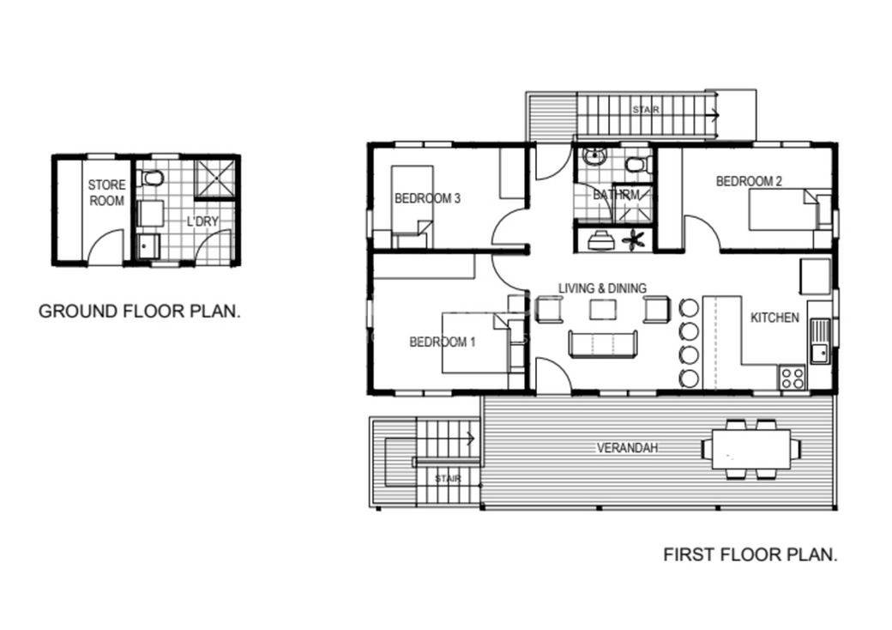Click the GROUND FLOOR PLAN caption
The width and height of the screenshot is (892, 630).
139,311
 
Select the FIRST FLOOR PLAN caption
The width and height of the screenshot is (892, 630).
750,554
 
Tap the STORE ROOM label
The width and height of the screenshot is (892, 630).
106,192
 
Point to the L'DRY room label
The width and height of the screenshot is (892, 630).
202,221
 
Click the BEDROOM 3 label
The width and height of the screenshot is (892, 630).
427,198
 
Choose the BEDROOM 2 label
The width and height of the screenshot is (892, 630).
749,181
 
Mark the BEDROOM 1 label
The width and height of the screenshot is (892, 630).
442,342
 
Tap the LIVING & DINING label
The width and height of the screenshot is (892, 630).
602,288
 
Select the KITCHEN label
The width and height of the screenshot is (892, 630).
774,318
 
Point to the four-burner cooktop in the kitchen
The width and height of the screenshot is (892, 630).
791,377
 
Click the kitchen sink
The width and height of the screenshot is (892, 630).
820,341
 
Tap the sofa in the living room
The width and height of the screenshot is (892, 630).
602,343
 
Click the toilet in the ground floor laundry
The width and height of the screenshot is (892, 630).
153,178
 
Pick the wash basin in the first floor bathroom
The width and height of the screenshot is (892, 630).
594,157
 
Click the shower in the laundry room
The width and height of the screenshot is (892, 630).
214,179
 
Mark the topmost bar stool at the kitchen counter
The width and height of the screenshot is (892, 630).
688,307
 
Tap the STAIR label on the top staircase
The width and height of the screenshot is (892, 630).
646,110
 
